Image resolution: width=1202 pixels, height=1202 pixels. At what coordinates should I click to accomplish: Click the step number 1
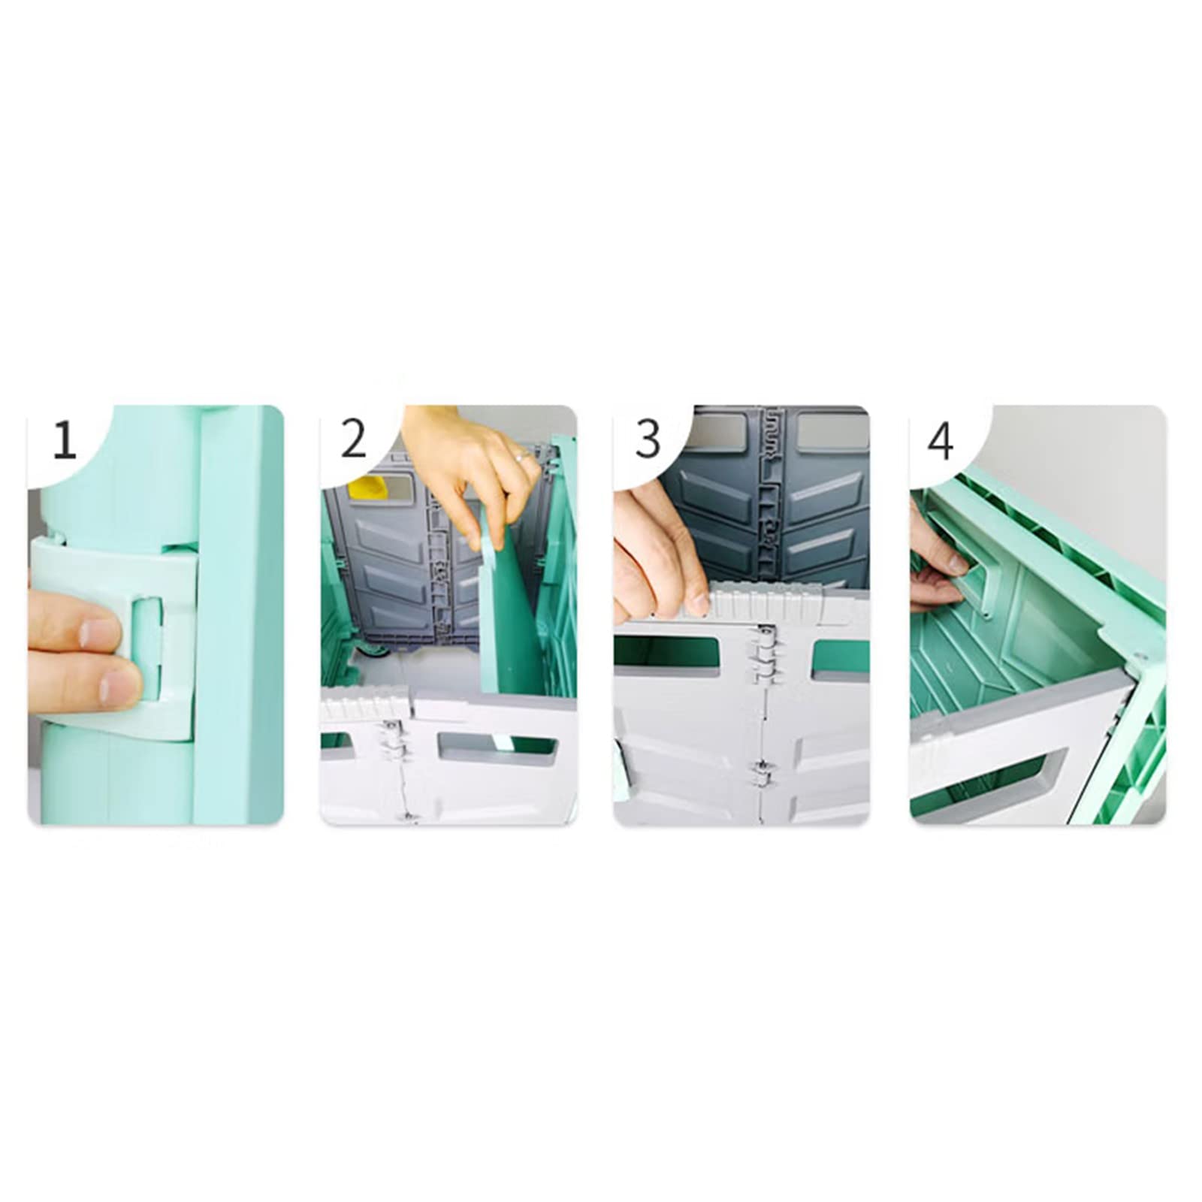click(65, 439)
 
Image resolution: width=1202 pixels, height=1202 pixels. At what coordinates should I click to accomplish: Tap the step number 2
click(354, 439)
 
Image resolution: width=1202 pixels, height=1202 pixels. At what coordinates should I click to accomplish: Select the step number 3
click(648, 439)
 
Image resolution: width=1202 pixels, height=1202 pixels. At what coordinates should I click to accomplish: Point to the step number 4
click(941, 441)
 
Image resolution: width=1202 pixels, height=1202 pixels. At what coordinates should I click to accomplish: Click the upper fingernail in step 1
click(100, 632)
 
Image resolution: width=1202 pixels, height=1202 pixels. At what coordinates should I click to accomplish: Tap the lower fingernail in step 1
click(120, 687)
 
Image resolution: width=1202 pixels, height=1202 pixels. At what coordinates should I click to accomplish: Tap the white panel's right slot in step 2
click(497, 746)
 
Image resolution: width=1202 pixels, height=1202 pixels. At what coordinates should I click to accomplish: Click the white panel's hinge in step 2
click(392, 740)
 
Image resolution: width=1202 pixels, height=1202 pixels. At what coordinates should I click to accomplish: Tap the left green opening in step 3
click(669, 652)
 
